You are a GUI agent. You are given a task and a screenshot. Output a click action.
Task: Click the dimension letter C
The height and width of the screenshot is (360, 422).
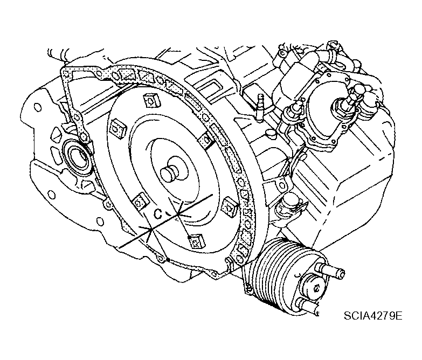click(x=158, y=214)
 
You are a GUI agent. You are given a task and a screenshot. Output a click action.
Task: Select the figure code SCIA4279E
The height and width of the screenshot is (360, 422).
click(x=373, y=315)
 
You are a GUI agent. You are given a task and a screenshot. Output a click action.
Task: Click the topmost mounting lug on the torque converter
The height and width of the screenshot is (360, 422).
click(x=152, y=101)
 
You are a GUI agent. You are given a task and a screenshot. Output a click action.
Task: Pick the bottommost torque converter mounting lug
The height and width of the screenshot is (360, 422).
click(x=197, y=241)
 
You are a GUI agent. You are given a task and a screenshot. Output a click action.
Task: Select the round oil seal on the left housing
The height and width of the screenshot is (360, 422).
click(x=79, y=156)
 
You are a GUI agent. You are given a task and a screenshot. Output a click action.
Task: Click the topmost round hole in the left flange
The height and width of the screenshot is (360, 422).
click(x=37, y=107)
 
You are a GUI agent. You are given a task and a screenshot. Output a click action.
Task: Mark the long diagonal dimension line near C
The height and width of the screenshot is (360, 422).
click(x=165, y=220)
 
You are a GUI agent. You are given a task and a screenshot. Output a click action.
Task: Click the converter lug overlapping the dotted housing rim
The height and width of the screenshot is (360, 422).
click(x=207, y=140)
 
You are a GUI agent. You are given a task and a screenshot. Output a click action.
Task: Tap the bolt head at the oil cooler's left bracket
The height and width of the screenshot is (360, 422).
click(x=248, y=290)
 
